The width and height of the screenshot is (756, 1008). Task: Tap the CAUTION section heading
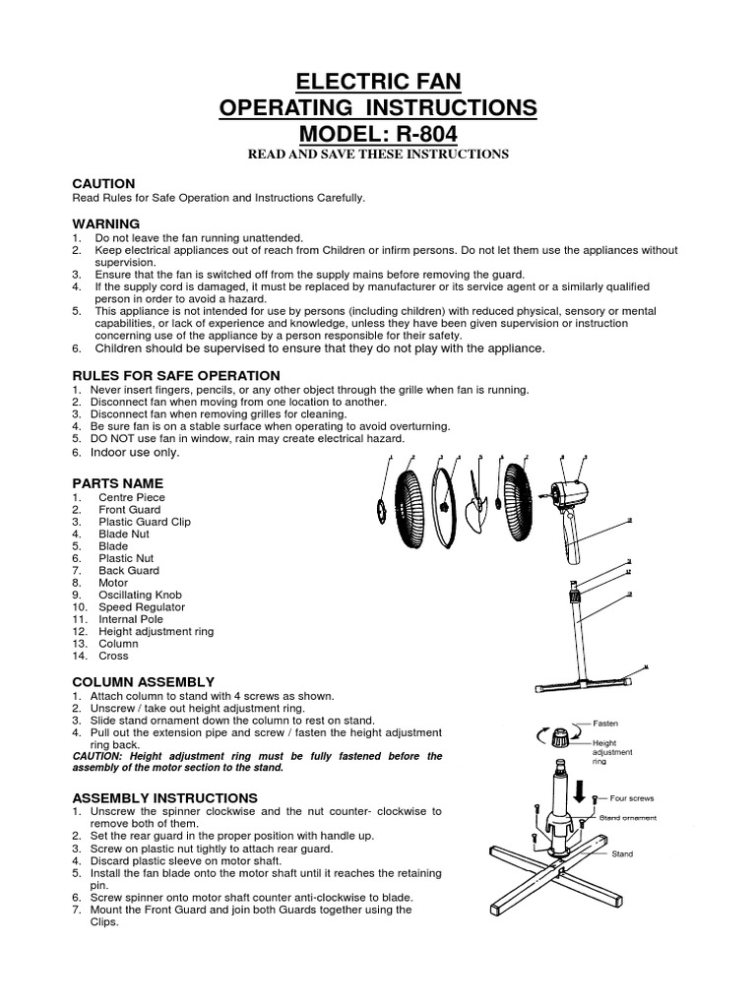pos(103,184)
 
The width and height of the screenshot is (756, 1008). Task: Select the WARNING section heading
pos(106,224)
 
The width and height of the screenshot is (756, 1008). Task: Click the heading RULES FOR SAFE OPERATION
pos(176,376)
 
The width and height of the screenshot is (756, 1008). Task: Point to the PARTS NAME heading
pos(117,483)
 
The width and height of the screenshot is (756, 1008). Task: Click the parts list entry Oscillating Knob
pos(140,595)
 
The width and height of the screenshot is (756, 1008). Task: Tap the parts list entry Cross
pos(113,656)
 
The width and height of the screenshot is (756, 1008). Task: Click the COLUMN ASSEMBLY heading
pos(143,681)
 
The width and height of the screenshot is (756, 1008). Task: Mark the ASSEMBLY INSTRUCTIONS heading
pos(165,797)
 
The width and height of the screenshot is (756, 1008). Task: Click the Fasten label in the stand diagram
pos(604,723)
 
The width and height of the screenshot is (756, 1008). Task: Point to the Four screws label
pos(632,798)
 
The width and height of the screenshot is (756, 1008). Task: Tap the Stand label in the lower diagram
pos(622,854)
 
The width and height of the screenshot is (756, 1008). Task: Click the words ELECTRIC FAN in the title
pos(378,81)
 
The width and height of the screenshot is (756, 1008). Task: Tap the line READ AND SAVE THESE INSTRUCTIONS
pos(378,155)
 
